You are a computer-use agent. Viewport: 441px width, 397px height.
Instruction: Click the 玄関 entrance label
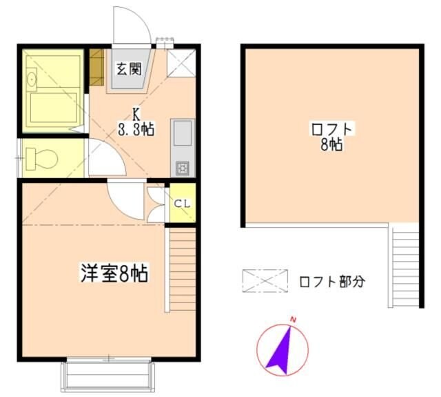(127, 69)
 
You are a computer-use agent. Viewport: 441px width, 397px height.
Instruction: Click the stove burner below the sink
(183, 167)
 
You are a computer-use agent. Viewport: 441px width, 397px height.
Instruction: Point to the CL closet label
(182, 203)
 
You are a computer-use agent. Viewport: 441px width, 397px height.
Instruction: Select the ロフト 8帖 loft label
(331, 136)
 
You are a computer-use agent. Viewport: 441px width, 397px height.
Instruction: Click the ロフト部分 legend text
(331, 282)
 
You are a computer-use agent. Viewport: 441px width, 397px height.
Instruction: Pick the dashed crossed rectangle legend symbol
(265, 281)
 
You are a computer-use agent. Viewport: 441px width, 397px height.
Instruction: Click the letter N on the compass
(294, 320)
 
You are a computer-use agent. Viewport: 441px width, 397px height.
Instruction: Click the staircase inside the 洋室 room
(183, 269)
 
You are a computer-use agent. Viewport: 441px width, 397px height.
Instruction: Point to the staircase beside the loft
(405, 266)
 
